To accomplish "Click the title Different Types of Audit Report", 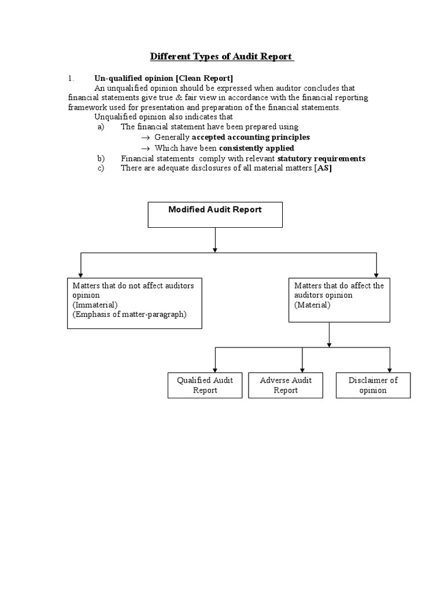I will (x=222, y=57).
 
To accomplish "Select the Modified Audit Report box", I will (x=215, y=214).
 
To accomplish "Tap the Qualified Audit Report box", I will (x=205, y=385).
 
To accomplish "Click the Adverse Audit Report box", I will (x=286, y=385).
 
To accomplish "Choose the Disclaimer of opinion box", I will (x=373, y=385).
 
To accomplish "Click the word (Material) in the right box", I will (x=312, y=305).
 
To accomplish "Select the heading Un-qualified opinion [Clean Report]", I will (x=164, y=78).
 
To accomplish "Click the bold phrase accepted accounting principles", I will (x=250, y=137).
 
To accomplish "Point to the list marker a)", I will (x=101, y=127).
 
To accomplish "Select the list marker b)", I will (x=101, y=158).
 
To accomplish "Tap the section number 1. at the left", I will (x=71, y=78).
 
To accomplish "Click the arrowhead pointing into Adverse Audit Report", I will (x=302, y=369).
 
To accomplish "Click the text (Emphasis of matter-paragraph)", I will (x=129, y=314).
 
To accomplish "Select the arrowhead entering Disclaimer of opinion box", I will (x=390, y=369).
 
